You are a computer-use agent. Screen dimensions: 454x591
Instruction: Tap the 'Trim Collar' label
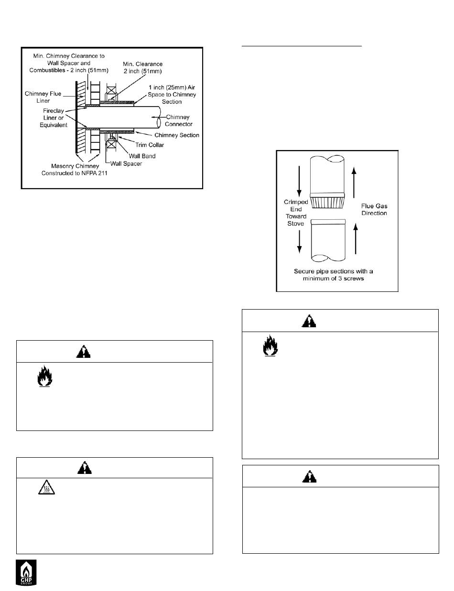150,145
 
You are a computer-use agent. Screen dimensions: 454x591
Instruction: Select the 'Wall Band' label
142,156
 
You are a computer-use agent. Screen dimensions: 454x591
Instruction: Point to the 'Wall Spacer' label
126,164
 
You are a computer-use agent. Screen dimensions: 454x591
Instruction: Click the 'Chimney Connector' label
178,120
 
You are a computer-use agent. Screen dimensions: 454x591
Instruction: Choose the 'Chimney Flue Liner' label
43,97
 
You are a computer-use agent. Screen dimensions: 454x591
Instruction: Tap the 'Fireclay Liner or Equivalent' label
54,118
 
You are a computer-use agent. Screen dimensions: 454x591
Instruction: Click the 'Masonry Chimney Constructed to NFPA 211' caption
74,170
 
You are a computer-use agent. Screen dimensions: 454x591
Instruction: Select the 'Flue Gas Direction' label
374,209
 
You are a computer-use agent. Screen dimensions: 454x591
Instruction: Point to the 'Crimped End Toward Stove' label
296,213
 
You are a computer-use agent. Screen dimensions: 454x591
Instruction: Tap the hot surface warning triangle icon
46,487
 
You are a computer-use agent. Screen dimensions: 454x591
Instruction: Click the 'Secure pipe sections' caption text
333,275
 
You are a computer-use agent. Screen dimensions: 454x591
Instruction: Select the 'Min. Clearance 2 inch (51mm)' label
142,67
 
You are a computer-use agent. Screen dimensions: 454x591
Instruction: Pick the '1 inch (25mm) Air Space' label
172,95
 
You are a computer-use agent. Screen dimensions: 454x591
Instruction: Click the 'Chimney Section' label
177,135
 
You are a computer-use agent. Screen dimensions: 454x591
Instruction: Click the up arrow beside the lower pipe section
356,238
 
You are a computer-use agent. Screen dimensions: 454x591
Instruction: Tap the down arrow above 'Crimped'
299,181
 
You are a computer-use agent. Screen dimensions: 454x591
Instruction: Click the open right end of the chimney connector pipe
159,117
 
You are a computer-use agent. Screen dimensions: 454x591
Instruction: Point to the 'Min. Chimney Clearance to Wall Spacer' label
69,63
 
